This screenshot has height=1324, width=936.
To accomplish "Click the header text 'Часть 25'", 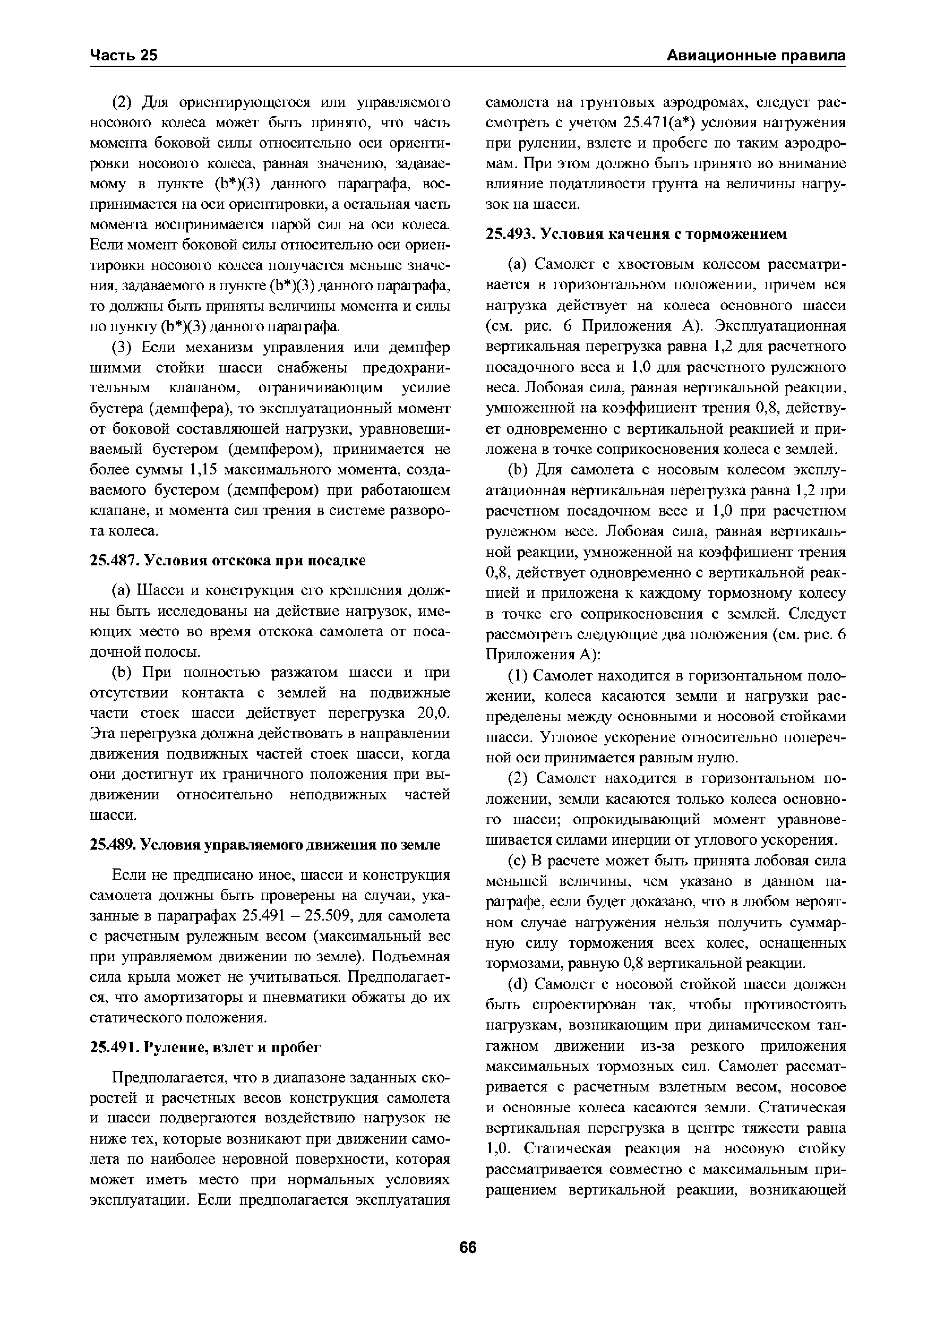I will coord(124,55).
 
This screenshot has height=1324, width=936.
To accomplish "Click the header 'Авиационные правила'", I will coord(756,55).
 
